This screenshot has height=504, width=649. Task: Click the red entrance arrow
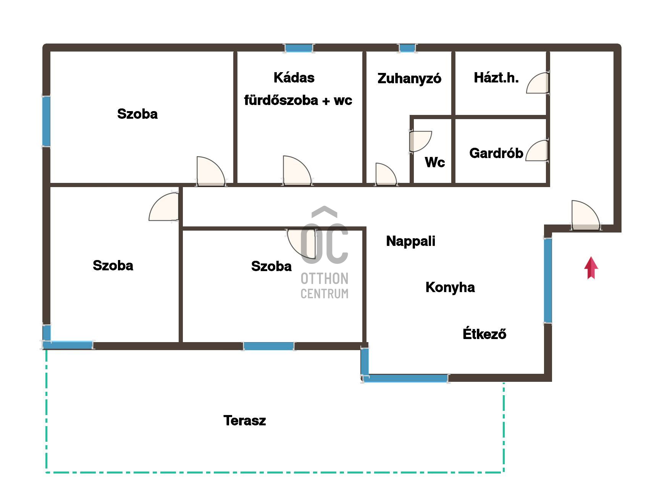591,268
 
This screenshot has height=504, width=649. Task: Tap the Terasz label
244,420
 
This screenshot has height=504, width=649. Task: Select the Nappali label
410,241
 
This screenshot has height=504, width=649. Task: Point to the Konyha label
450,287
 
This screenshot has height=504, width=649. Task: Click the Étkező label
484,333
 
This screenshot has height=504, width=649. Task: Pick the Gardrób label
496,153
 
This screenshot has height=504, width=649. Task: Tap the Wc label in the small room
435,162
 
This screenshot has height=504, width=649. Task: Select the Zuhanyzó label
409,78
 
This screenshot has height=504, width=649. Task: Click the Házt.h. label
496,78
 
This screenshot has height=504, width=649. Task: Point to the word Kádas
294,78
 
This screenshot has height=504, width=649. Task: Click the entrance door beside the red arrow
586,215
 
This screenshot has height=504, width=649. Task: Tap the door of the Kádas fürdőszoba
297,171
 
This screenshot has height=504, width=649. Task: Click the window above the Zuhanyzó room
407,48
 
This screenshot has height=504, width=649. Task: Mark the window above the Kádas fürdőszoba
299,48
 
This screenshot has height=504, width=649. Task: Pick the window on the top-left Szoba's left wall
46,121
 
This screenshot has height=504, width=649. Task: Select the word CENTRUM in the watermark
324,294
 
